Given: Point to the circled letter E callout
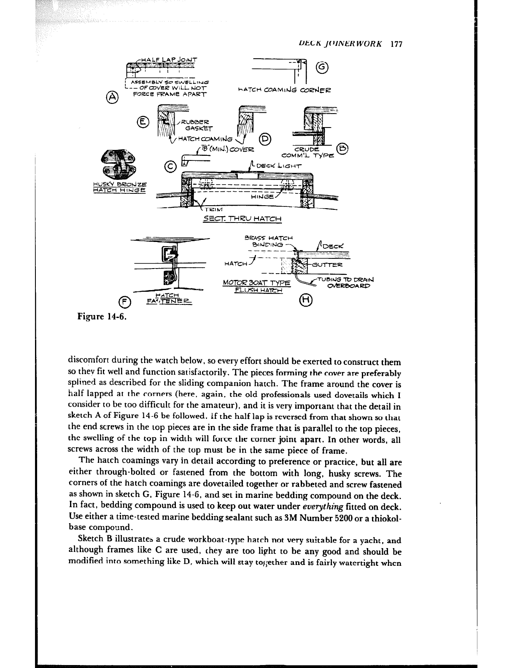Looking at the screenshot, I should click(x=143, y=121).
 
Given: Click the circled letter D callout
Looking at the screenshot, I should click(x=265, y=138).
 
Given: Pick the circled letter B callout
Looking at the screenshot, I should click(x=342, y=149).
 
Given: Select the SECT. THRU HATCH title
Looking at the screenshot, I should click(x=242, y=219).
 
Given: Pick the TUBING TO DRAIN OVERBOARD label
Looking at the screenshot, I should click(x=345, y=282).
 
